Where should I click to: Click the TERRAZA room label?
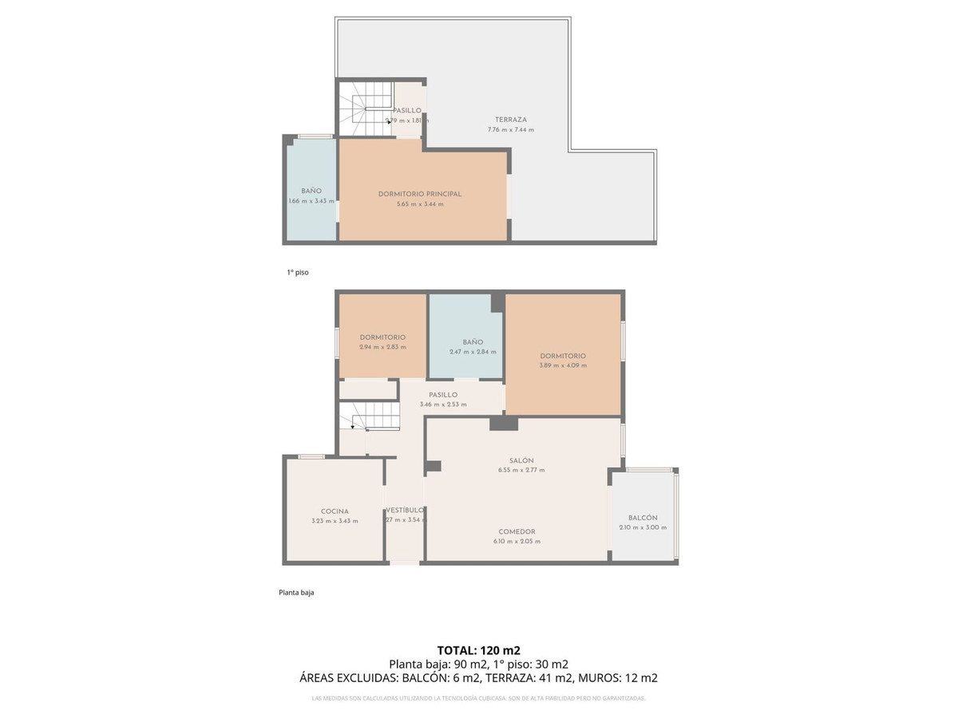(510, 120)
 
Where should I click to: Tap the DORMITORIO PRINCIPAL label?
(420, 194)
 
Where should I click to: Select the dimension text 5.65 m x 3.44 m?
(420, 204)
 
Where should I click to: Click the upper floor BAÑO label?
(311, 191)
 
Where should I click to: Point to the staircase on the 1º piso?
(364, 110)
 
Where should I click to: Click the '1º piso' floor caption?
(298, 272)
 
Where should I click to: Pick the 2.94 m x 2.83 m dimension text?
(382, 347)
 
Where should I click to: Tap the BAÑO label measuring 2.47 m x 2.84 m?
(473, 341)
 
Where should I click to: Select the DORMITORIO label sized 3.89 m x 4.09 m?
(563, 356)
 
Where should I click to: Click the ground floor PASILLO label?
(443, 394)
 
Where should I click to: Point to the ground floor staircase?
(369, 417)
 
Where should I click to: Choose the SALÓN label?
(521, 460)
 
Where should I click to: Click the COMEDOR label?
(517, 531)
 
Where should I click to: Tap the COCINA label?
(335, 511)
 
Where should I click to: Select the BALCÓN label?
(643, 518)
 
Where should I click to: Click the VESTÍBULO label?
(405, 510)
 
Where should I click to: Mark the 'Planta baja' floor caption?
(296, 592)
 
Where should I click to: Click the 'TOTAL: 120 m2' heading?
(479, 650)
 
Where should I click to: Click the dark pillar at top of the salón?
(504, 423)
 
